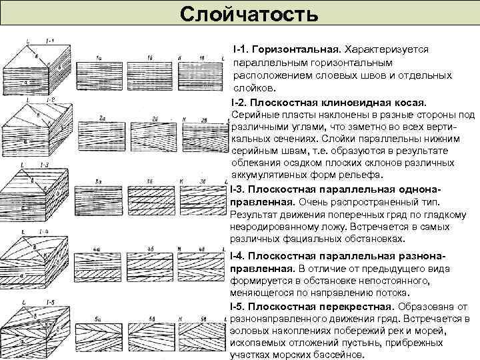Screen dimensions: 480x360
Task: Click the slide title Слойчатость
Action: [x=240, y=13]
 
